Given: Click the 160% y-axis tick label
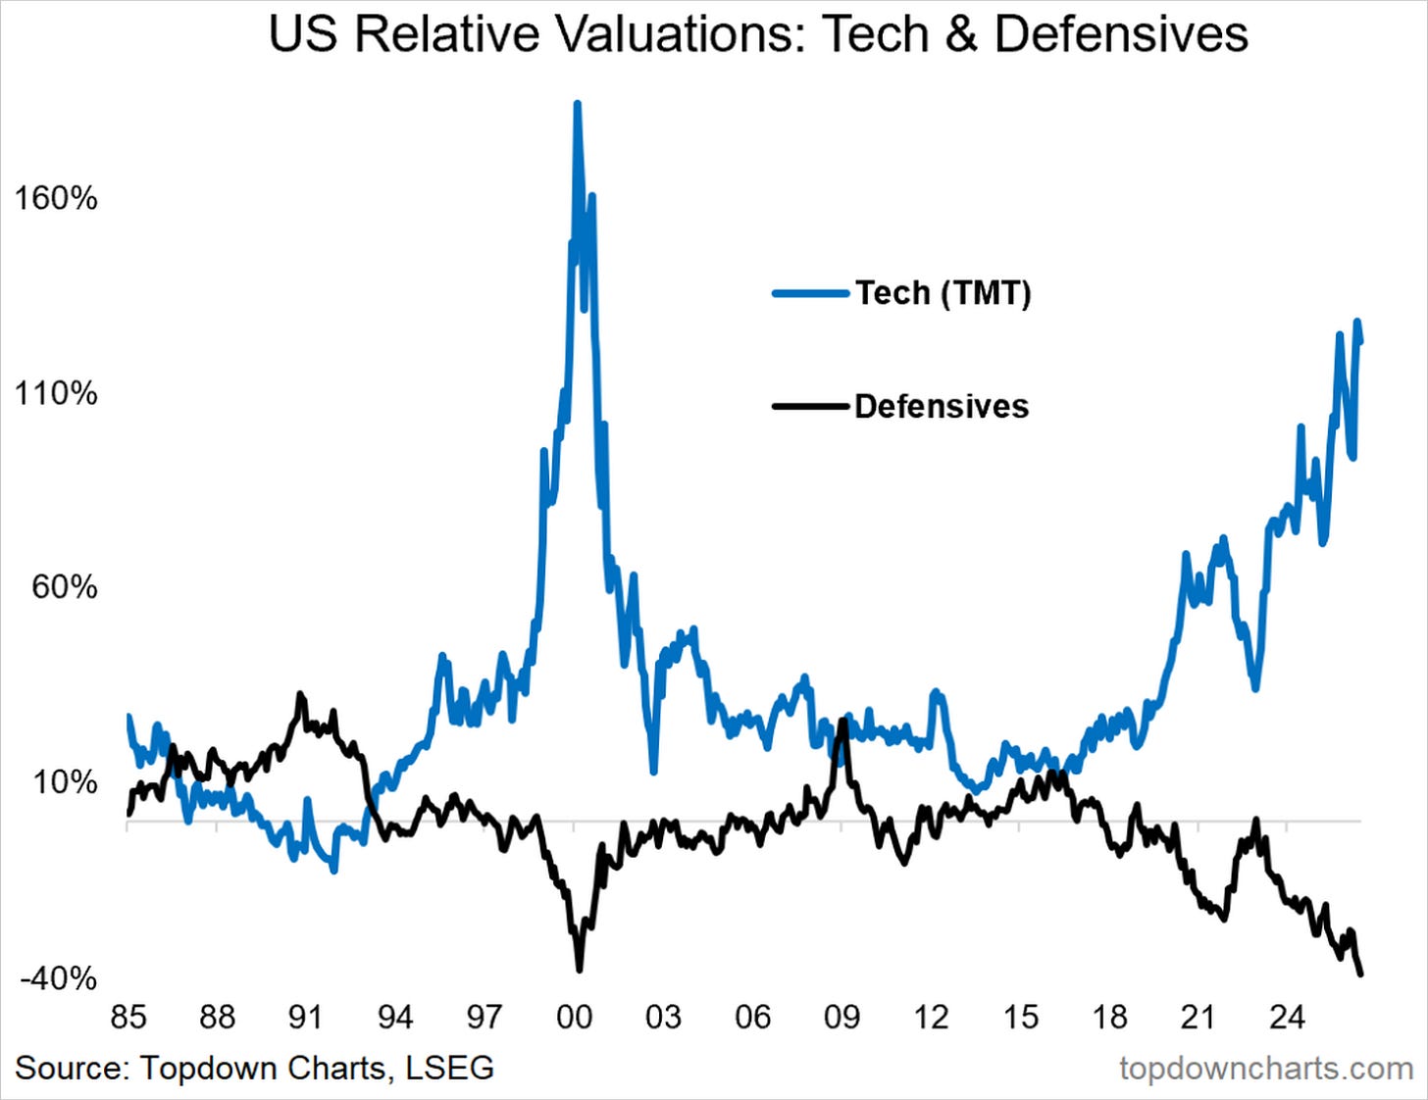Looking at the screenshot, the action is [55, 198].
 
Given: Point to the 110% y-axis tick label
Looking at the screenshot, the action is [55, 393].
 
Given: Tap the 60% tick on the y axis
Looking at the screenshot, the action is [64, 588].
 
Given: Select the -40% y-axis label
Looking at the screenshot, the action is [59, 978].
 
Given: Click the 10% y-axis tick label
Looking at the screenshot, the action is [64, 782].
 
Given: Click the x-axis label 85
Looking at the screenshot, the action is [128, 1017].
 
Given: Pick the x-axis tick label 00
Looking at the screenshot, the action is [574, 1017].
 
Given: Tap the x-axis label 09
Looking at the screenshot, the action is [841, 1017].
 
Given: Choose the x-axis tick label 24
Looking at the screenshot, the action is [1287, 1017].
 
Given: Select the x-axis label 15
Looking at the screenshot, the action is [1021, 1017].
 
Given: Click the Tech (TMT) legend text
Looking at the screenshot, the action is [943, 293].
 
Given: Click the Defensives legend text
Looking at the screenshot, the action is [942, 407].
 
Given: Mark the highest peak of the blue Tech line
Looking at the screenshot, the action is [577, 104].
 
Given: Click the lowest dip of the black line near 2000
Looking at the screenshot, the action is [579, 970].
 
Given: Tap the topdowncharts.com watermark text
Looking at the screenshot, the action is [1266, 1069].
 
